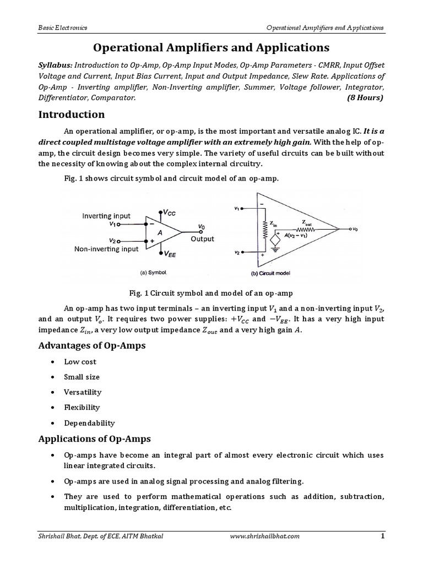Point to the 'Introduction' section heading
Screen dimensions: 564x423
[71, 115]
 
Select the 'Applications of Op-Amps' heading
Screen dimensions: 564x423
[94, 439]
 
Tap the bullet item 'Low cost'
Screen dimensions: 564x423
[80, 362]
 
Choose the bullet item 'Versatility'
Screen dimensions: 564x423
[83, 392]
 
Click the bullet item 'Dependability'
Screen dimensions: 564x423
[89, 423]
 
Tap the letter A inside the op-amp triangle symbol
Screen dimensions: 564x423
[160, 233]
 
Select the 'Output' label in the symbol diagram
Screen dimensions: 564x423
[202, 239]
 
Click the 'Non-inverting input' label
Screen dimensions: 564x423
[106, 250]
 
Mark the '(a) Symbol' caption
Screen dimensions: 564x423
[154, 272]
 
